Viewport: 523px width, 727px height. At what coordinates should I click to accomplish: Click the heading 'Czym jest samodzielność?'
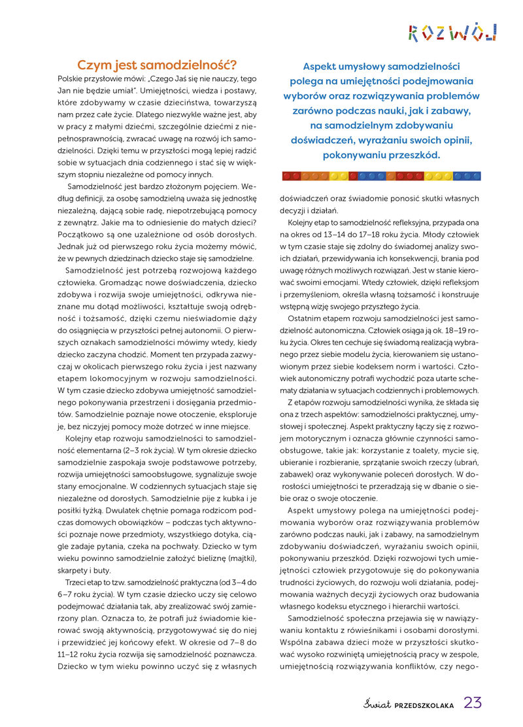[157, 65]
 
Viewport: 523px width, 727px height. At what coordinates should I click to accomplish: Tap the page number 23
[473, 703]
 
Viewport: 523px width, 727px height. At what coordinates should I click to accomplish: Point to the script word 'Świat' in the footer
[377, 703]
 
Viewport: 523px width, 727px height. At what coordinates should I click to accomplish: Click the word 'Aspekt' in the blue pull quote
[324, 67]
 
